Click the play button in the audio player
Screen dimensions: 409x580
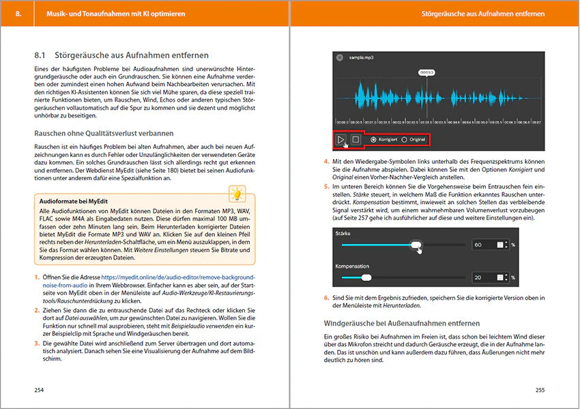(340, 139)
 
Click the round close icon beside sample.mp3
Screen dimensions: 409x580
(340, 58)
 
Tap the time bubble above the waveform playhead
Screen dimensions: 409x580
(427, 72)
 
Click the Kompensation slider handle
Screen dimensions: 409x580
(366, 278)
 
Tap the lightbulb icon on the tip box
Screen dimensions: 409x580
(237, 194)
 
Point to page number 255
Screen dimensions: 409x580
(539, 390)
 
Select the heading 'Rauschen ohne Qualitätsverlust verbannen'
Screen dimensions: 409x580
(104, 132)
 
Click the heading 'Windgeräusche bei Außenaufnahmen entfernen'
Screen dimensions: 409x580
(401, 322)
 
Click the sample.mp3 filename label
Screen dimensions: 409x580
(362, 58)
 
